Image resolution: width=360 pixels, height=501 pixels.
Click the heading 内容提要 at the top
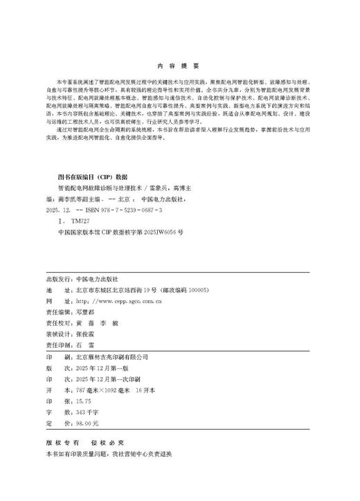tap(179, 66)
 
